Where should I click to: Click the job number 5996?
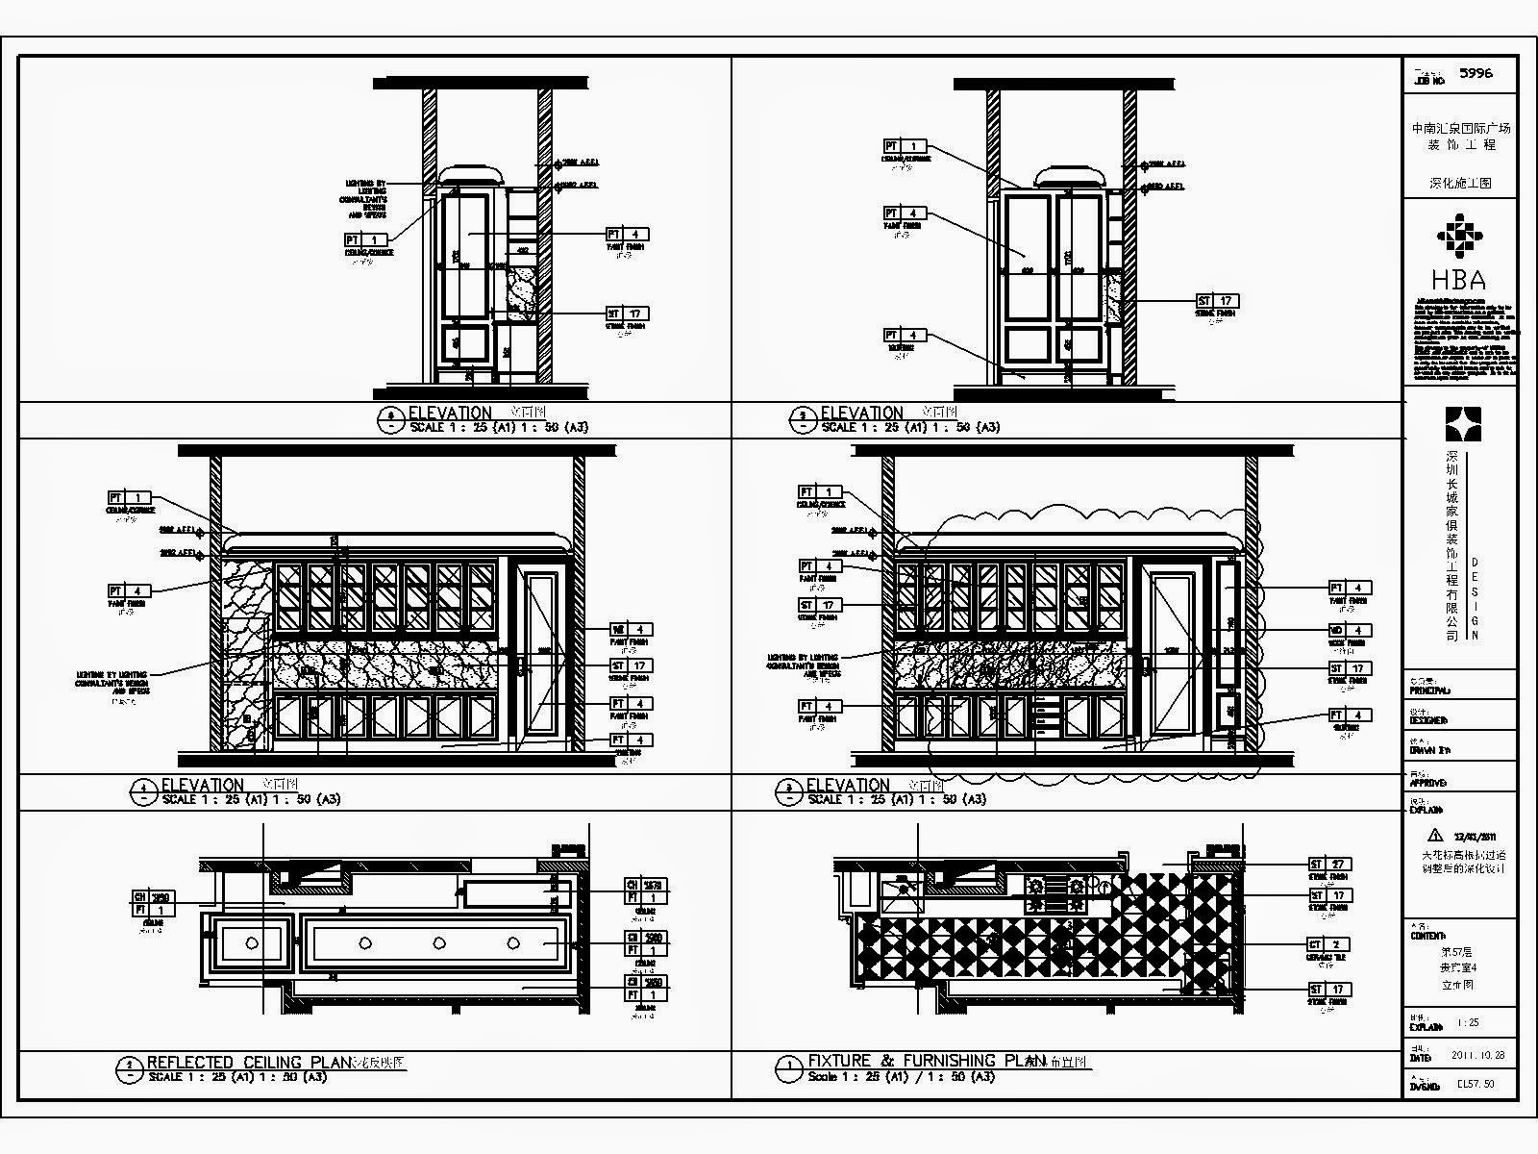tap(1476, 73)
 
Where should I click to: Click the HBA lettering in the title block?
tap(1458, 280)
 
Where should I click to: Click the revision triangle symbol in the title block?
tap(1436, 835)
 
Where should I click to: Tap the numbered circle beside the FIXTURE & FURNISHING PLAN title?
tap(789, 1066)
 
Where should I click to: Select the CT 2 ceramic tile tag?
tap(1329, 944)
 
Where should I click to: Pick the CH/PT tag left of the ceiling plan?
tap(154, 903)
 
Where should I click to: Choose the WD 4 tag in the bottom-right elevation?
tap(1350, 631)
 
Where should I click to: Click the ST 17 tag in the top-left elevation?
tap(627, 314)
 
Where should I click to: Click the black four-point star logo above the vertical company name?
tap(1463, 424)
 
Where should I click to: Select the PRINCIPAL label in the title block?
tap(1428, 690)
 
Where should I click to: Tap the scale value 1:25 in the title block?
tap(1468, 1023)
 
